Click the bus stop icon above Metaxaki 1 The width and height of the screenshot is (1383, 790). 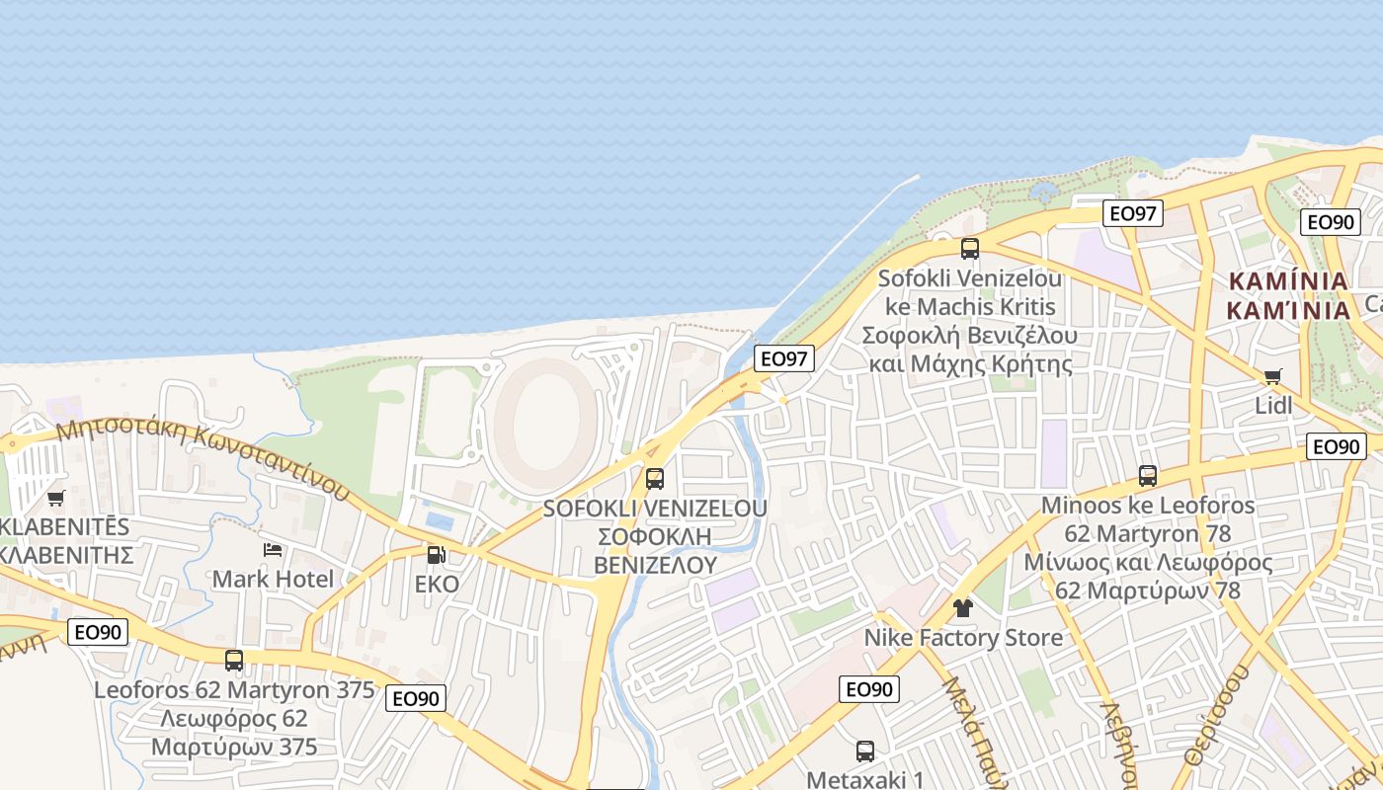click(x=865, y=750)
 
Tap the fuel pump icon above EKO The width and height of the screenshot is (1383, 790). click(x=436, y=555)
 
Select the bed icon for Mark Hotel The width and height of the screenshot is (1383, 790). click(x=273, y=549)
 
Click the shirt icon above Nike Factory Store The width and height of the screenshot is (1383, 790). click(x=963, y=607)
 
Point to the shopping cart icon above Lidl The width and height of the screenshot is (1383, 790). click(x=1273, y=376)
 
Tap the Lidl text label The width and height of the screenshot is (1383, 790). click(x=1273, y=405)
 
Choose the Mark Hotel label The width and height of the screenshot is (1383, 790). click(x=274, y=579)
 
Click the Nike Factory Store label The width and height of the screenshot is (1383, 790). click(x=963, y=638)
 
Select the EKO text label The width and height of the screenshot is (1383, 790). click(x=437, y=585)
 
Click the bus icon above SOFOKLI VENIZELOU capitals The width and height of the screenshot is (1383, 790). click(x=654, y=479)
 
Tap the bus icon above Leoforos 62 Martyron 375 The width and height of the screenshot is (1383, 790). click(x=234, y=660)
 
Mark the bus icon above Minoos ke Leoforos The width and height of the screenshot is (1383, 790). click(x=1147, y=476)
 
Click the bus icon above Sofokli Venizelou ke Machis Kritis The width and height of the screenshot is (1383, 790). click(x=970, y=248)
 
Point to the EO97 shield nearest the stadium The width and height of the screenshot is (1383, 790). click(x=784, y=358)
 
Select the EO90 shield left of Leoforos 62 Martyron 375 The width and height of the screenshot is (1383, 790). click(x=98, y=632)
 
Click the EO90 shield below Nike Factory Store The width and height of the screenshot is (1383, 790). click(x=869, y=689)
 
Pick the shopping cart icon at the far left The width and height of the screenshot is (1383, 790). click(x=56, y=498)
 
